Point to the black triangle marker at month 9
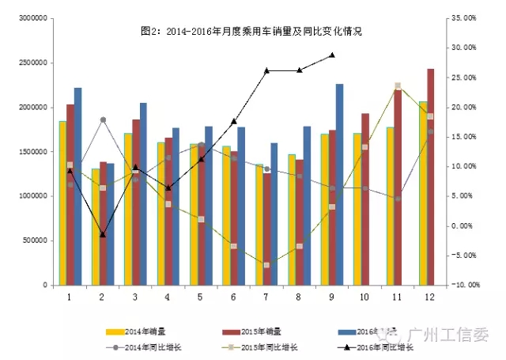coord(332,55)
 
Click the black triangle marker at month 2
coord(103,234)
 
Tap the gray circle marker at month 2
coord(103,119)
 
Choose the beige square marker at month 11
coord(397,85)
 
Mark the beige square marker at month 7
coord(266,264)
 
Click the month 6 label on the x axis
coord(234,297)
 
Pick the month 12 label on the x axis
coord(429,297)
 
